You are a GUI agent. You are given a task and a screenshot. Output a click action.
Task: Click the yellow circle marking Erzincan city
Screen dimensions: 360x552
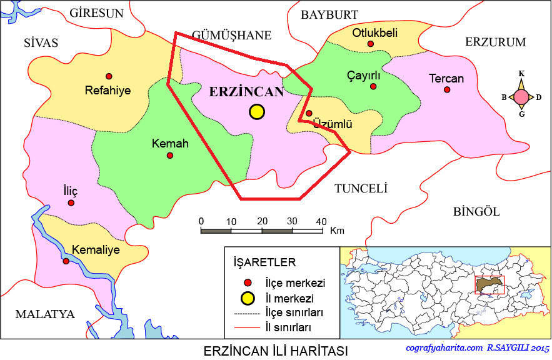256,112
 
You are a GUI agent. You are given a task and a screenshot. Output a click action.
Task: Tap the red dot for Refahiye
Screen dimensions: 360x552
109,76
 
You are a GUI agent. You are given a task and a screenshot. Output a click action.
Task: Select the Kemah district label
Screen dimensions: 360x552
170,143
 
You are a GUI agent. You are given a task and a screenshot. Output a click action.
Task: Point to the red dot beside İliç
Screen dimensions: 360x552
71,202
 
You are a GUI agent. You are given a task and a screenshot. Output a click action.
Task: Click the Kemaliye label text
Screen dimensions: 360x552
96,249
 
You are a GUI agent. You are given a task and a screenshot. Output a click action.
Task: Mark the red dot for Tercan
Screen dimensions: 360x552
447,89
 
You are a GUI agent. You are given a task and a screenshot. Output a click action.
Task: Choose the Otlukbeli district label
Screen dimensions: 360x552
374,32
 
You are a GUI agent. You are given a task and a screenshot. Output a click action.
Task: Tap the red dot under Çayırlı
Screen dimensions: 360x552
373,86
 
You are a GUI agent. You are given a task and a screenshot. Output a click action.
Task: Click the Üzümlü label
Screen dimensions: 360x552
333,124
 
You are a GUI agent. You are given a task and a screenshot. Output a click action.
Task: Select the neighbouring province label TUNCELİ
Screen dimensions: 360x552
361,188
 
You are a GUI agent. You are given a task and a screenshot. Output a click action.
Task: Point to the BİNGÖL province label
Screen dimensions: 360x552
476,211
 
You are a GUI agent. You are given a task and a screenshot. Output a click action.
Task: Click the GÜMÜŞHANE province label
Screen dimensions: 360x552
231,36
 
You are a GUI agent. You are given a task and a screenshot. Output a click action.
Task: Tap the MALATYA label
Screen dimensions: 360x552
46,314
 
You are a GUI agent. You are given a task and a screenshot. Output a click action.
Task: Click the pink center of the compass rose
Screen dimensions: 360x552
521,97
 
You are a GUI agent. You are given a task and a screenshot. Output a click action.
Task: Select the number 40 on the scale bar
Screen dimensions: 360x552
321,221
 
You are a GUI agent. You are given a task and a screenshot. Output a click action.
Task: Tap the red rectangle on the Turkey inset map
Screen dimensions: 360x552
489,285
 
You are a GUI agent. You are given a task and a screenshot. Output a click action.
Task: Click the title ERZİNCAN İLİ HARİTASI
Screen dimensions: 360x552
276,350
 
